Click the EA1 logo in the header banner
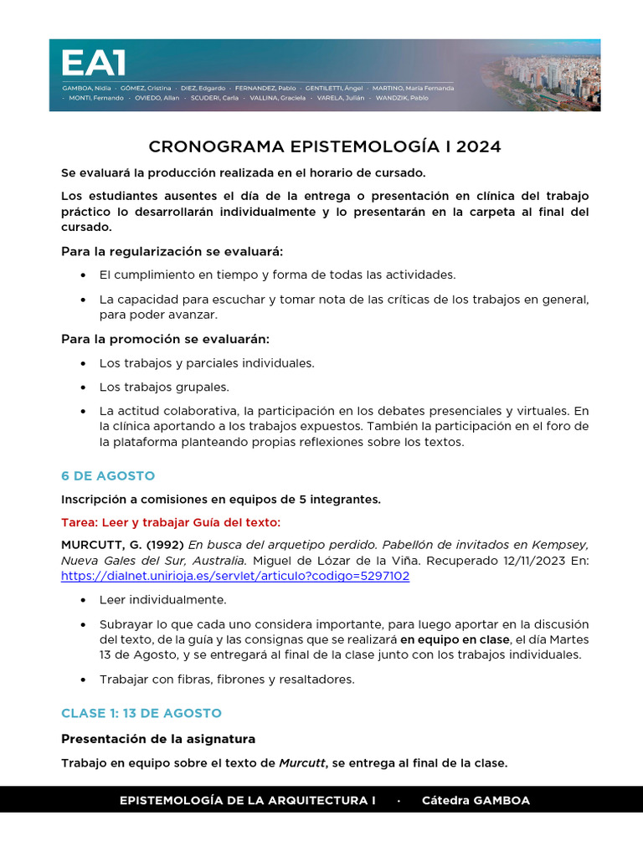pos(93,64)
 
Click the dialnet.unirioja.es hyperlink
pos(235,576)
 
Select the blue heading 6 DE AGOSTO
pos(108,475)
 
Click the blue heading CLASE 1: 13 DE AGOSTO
pos(141,713)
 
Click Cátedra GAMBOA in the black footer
pos(476,800)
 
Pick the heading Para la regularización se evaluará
pos(172,251)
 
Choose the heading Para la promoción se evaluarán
pos(165,339)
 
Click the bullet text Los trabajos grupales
pos(164,387)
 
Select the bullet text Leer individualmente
pos(163,600)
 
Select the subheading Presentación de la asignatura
pos(158,739)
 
